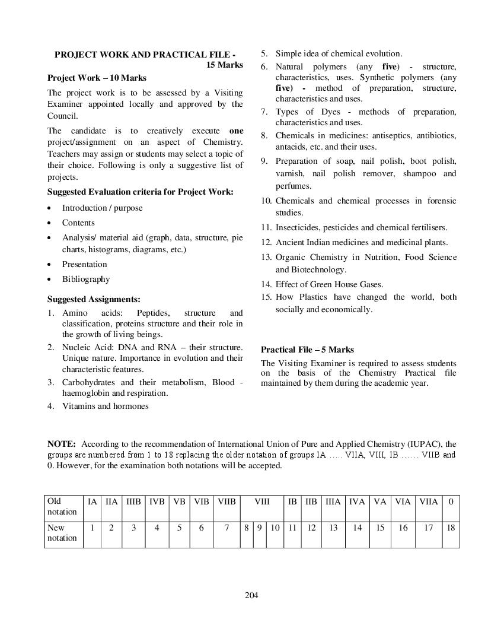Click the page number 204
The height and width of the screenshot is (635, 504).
tap(251, 595)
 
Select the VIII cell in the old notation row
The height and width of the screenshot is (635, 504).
tap(262, 501)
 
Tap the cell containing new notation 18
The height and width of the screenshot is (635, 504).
tap(451, 528)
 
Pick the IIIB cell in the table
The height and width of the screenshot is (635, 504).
tap(134, 501)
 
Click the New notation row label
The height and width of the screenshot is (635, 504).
tap(62, 533)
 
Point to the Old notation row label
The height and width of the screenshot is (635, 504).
tap(62, 506)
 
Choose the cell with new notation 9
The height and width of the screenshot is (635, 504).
tap(260, 528)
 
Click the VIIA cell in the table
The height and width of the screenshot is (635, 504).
tap(429, 501)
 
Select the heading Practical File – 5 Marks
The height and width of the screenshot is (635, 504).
tap(307, 350)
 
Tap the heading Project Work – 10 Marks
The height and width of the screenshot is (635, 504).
tap(97, 78)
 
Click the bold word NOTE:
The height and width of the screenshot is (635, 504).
tap(62, 444)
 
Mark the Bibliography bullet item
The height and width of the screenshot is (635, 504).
tap(86, 279)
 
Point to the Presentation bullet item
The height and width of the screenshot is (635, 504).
tap(85, 264)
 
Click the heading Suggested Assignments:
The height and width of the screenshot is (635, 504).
tap(94, 299)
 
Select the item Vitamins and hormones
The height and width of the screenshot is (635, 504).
tap(105, 406)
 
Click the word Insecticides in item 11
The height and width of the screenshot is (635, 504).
tap(296, 227)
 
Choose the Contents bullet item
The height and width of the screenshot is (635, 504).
tap(78, 223)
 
